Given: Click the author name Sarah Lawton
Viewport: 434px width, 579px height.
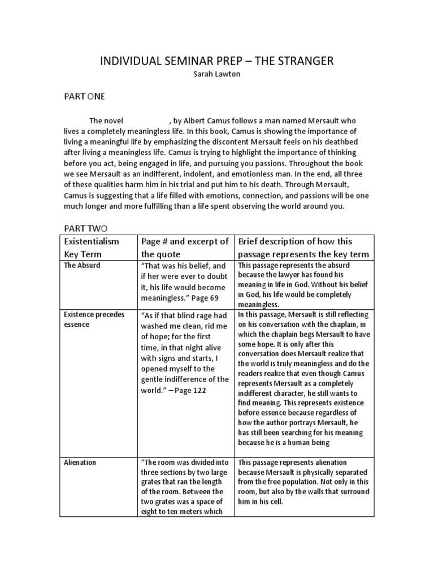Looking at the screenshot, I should [x=217, y=74].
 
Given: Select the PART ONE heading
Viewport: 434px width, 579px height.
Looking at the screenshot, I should [x=84, y=97].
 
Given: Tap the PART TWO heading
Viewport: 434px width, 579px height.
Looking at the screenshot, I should [x=84, y=228].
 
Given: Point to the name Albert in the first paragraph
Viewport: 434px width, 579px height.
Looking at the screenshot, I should [x=201, y=121].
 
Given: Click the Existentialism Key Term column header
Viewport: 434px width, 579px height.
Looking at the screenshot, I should [x=93, y=248].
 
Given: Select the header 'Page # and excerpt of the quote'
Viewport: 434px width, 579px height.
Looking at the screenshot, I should [x=185, y=248].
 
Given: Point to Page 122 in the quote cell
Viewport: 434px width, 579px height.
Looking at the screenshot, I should [x=193, y=390].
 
